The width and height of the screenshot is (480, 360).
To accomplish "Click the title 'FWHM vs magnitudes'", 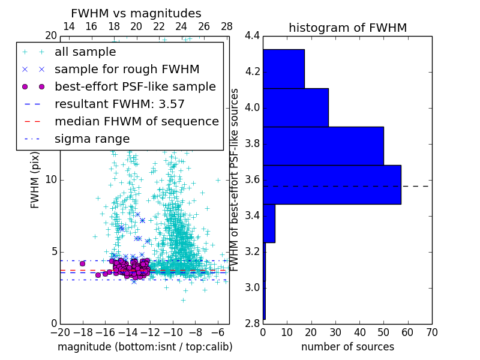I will click(136, 13).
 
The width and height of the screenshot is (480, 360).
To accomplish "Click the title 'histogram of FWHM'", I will click(347, 28).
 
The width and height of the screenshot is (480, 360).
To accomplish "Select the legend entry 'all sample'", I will click(85, 52).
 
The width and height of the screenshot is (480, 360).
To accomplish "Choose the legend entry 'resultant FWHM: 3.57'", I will click(119, 104).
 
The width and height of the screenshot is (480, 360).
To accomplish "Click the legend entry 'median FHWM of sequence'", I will click(136, 121).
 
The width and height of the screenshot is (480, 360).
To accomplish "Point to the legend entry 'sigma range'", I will click(92, 139).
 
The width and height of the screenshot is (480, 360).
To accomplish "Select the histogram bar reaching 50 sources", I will click(323, 146).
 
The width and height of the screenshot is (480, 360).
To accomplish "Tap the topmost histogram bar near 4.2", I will click(283, 68).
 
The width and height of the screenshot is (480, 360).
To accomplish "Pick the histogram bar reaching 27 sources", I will click(295, 107).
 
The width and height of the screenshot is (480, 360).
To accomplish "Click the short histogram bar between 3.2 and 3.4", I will click(269, 223).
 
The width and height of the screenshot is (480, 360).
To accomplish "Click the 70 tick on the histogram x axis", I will click(431, 332).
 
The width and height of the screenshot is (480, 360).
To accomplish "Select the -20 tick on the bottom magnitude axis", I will click(60, 332).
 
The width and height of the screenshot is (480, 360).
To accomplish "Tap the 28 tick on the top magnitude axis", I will click(227, 26).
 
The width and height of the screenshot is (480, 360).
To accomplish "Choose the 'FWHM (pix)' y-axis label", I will click(35, 180).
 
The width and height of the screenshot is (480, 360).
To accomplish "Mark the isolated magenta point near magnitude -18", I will click(82, 263).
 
